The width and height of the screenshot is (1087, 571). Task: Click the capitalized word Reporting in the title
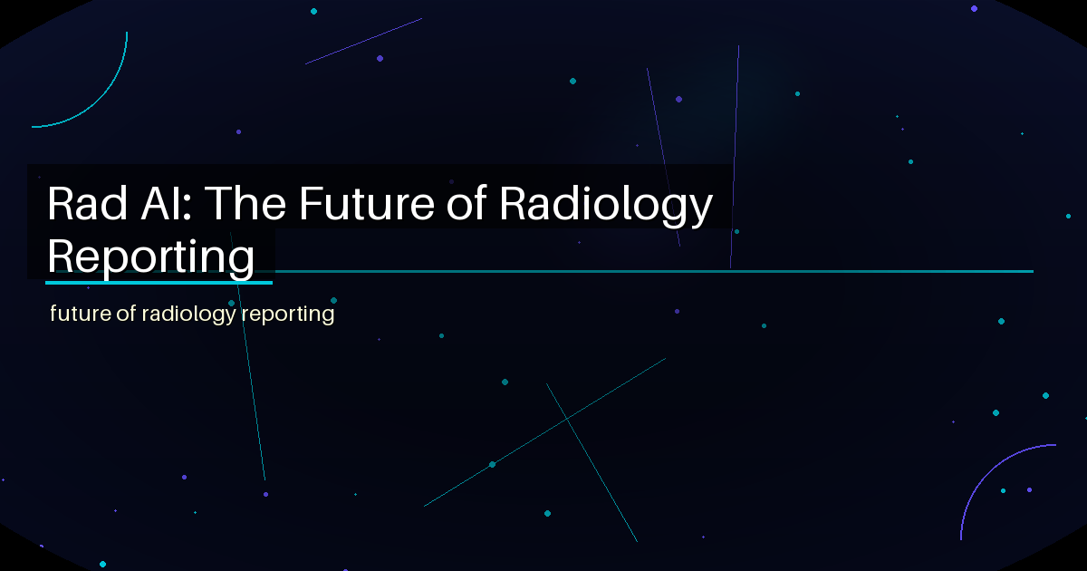click(x=150, y=256)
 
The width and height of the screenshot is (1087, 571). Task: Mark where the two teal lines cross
click(x=567, y=420)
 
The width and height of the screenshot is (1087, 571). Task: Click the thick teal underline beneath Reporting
click(x=159, y=282)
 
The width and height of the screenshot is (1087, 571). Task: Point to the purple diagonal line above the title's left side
click(x=362, y=41)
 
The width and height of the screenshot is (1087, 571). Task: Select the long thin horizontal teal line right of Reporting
click(x=652, y=271)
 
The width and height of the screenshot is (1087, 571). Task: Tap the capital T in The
click(x=220, y=205)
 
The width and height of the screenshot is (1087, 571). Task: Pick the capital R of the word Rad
click(x=61, y=205)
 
